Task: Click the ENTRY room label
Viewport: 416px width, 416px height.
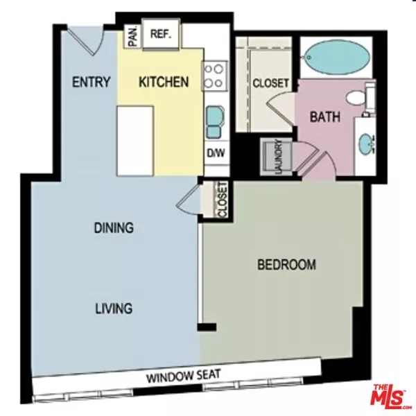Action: (92, 83)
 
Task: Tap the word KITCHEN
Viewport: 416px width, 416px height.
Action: (164, 83)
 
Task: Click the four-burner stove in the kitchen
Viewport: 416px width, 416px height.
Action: (215, 76)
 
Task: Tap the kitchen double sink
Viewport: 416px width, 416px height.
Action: (214, 122)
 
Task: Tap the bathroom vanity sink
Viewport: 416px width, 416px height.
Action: (365, 144)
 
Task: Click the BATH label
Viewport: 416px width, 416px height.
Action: (324, 117)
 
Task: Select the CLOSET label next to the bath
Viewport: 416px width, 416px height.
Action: (270, 83)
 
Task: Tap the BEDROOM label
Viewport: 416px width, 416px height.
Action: (286, 264)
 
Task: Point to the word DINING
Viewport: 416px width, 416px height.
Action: (114, 227)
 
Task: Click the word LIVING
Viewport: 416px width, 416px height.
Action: (114, 309)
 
